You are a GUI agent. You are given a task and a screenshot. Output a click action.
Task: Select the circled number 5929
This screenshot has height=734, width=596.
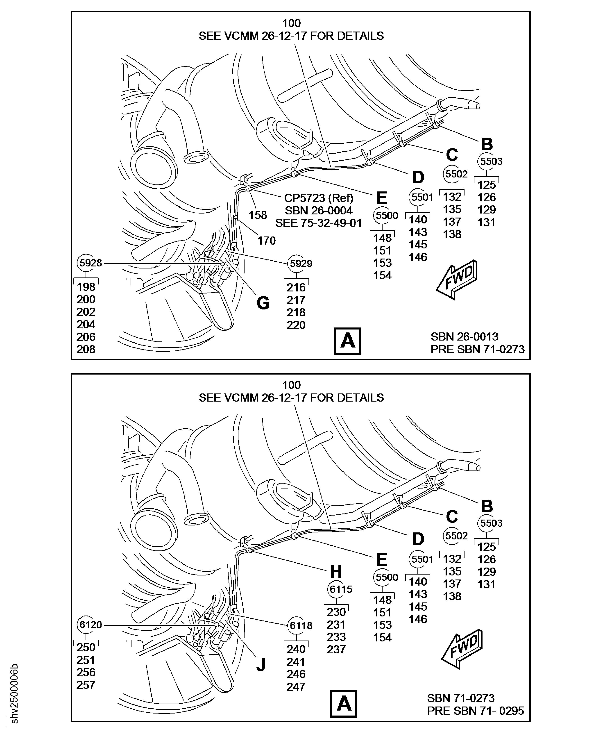tap(301, 264)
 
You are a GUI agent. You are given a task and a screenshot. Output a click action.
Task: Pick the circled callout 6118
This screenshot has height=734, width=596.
tap(301, 625)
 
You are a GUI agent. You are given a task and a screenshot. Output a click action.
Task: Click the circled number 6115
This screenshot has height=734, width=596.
tap(341, 589)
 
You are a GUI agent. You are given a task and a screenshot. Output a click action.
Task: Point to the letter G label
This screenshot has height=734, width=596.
tap(263, 303)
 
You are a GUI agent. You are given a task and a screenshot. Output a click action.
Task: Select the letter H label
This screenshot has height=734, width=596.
tap(336, 572)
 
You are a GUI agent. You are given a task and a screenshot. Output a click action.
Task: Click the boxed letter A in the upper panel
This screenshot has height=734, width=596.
tap(347, 341)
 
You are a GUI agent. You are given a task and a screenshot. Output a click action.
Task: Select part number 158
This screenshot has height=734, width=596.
tap(258, 215)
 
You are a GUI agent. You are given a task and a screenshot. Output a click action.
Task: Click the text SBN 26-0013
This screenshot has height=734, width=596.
tap(465, 337)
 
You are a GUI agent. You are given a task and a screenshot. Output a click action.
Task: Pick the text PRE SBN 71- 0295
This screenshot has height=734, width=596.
tap(476, 711)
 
